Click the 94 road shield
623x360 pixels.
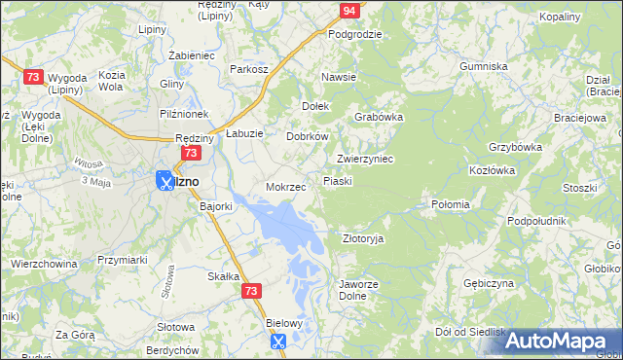(x=349, y=11)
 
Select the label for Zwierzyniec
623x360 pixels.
(x=364, y=159)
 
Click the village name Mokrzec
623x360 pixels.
(x=286, y=187)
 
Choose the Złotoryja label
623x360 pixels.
(x=363, y=238)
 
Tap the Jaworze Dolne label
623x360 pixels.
(x=357, y=290)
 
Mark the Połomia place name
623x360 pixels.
(x=451, y=205)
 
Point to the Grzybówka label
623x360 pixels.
(x=515, y=148)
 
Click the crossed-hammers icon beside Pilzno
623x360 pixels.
(x=165, y=181)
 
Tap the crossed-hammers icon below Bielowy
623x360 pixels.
(x=277, y=341)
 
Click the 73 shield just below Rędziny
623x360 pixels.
(x=192, y=154)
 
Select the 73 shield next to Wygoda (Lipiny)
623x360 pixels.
(x=33, y=77)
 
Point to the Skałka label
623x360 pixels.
(x=224, y=276)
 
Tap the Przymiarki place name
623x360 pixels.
(x=122, y=260)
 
